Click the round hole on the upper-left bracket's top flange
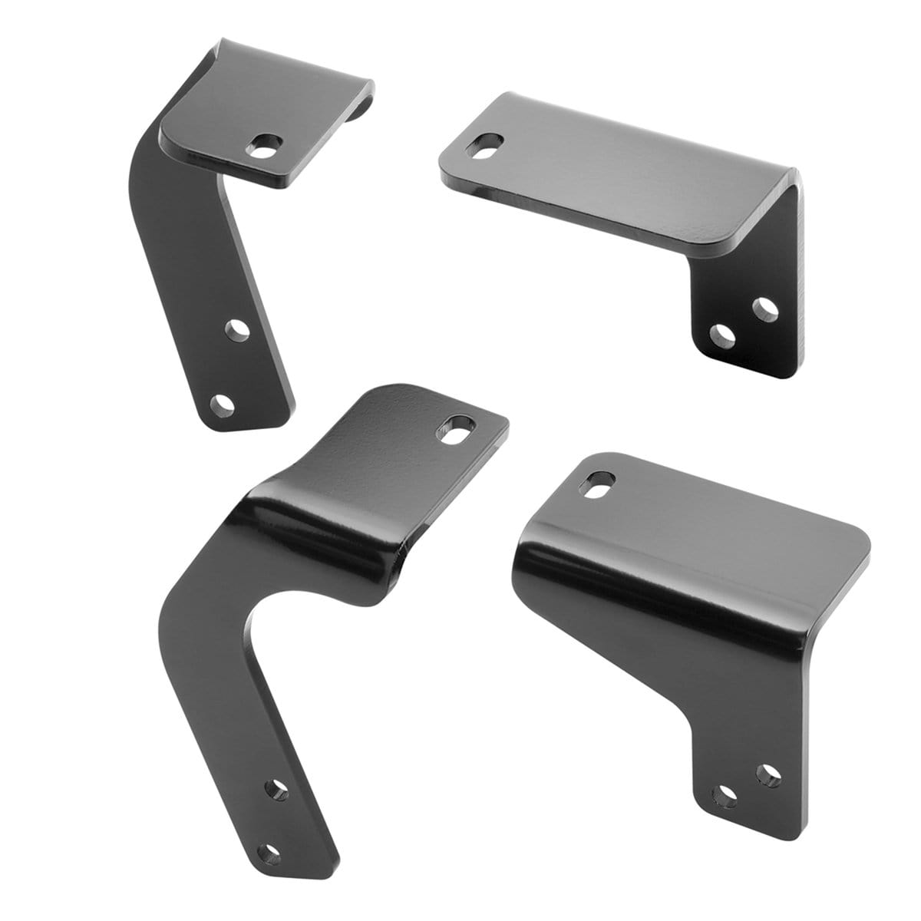[269, 144]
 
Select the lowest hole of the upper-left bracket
[222, 402]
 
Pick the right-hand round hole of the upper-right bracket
[764, 309]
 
